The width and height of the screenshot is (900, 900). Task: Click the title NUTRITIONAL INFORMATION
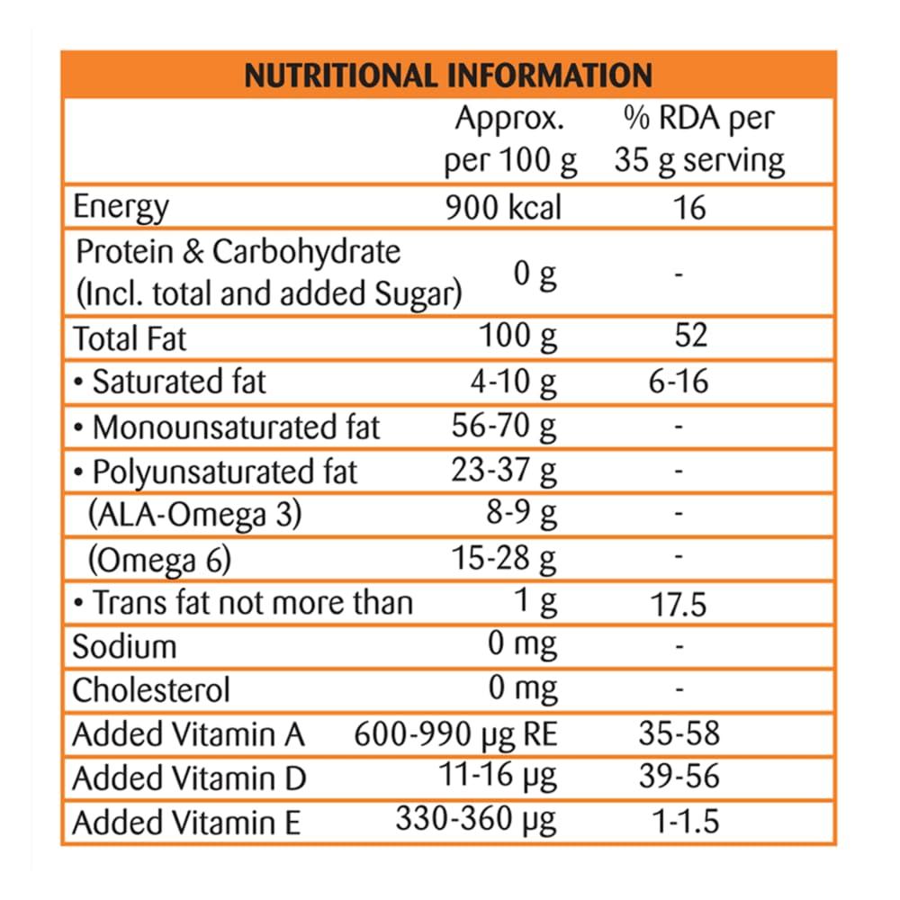(x=447, y=74)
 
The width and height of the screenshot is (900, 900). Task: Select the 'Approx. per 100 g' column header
(x=510, y=139)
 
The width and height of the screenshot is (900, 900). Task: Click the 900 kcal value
(x=503, y=207)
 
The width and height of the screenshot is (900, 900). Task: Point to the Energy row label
(x=120, y=207)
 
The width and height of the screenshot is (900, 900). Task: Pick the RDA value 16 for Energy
(x=689, y=207)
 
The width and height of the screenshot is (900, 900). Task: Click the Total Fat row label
(x=130, y=338)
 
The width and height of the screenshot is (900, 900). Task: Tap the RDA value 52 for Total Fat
(x=690, y=337)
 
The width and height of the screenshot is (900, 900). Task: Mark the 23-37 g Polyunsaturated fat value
(x=504, y=471)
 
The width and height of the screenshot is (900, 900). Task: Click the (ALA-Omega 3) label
(x=194, y=515)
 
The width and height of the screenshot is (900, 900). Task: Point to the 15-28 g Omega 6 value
(x=504, y=559)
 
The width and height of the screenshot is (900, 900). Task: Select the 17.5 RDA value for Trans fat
(x=679, y=604)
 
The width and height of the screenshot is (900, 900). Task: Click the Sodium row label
(x=124, y=646)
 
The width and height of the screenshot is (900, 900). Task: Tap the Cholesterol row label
(x=151, y=690)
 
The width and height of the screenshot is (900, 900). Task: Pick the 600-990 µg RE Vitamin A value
(x=456, y=734)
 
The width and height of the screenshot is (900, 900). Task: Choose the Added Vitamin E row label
(x=185, y=823)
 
